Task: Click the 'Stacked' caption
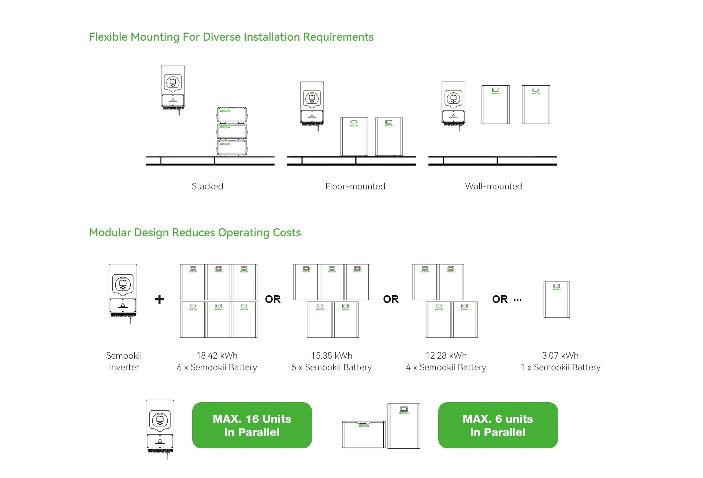tap(207, 186)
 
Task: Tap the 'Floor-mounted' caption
tap(355, 186)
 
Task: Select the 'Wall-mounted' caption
tap(493, 186)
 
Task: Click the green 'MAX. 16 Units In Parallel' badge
tap(252, 425)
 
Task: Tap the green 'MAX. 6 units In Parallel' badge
tap(498, 425)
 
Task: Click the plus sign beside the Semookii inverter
tap(159, 299)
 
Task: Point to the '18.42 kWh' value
tap(217, 355)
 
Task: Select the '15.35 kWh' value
tap(331, 355)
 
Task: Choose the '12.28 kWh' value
tap(446, 355)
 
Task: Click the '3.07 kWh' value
tap(560, 355)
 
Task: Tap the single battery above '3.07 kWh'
tap(557, 300)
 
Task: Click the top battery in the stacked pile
tap(232, 115)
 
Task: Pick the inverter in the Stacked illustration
tap(173, 88)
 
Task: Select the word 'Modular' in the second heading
tap(110, 233)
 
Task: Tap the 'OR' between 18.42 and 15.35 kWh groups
tap(273, 299)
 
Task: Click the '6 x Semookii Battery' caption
tap(217, 367)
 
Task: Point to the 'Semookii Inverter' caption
tap(124, 361)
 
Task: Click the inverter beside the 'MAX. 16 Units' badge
tap(160, 427)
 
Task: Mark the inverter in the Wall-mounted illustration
tap(453, 104)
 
